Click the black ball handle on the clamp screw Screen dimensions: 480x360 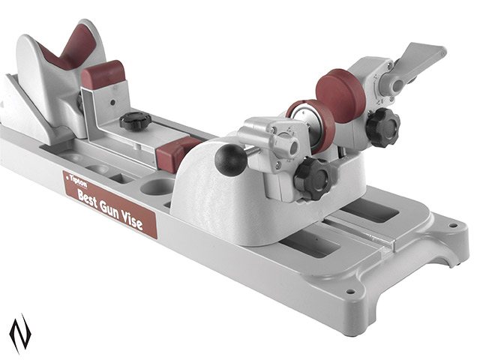230,160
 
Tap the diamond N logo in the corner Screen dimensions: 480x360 20,333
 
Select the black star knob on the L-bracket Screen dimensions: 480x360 135,120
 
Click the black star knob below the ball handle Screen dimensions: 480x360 312,178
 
